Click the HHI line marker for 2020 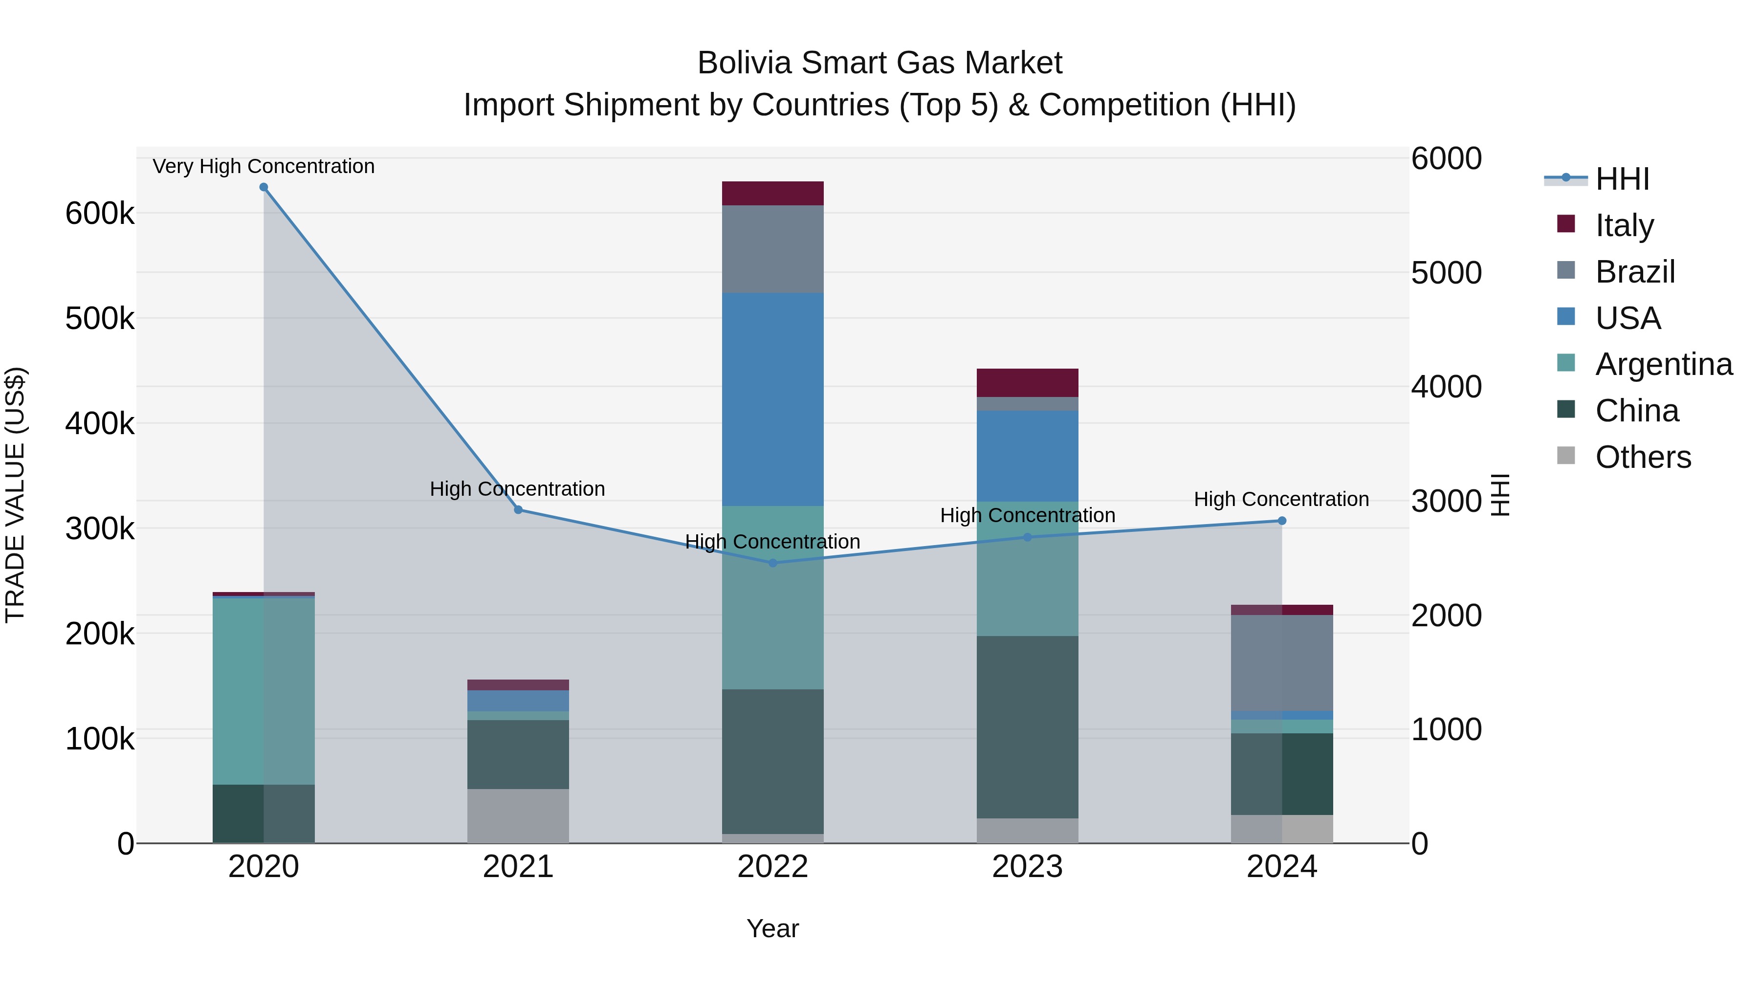coord(264,187)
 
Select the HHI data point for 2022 coord(773,563)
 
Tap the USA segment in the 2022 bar coord(773,400)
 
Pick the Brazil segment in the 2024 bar coord(1282,663)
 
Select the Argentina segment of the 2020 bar coord(264,690)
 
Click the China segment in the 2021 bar coord(518,754)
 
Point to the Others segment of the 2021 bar coord(518,816)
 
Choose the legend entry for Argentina coord(1663,364)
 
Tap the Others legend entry coord(1643,457)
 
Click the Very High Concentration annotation coord(264,166)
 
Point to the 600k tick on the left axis coord(100,213)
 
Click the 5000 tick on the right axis coord(1447,273)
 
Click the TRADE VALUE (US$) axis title coord(15,495)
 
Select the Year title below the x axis coord(773,928)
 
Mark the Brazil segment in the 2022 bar coord(773,249)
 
